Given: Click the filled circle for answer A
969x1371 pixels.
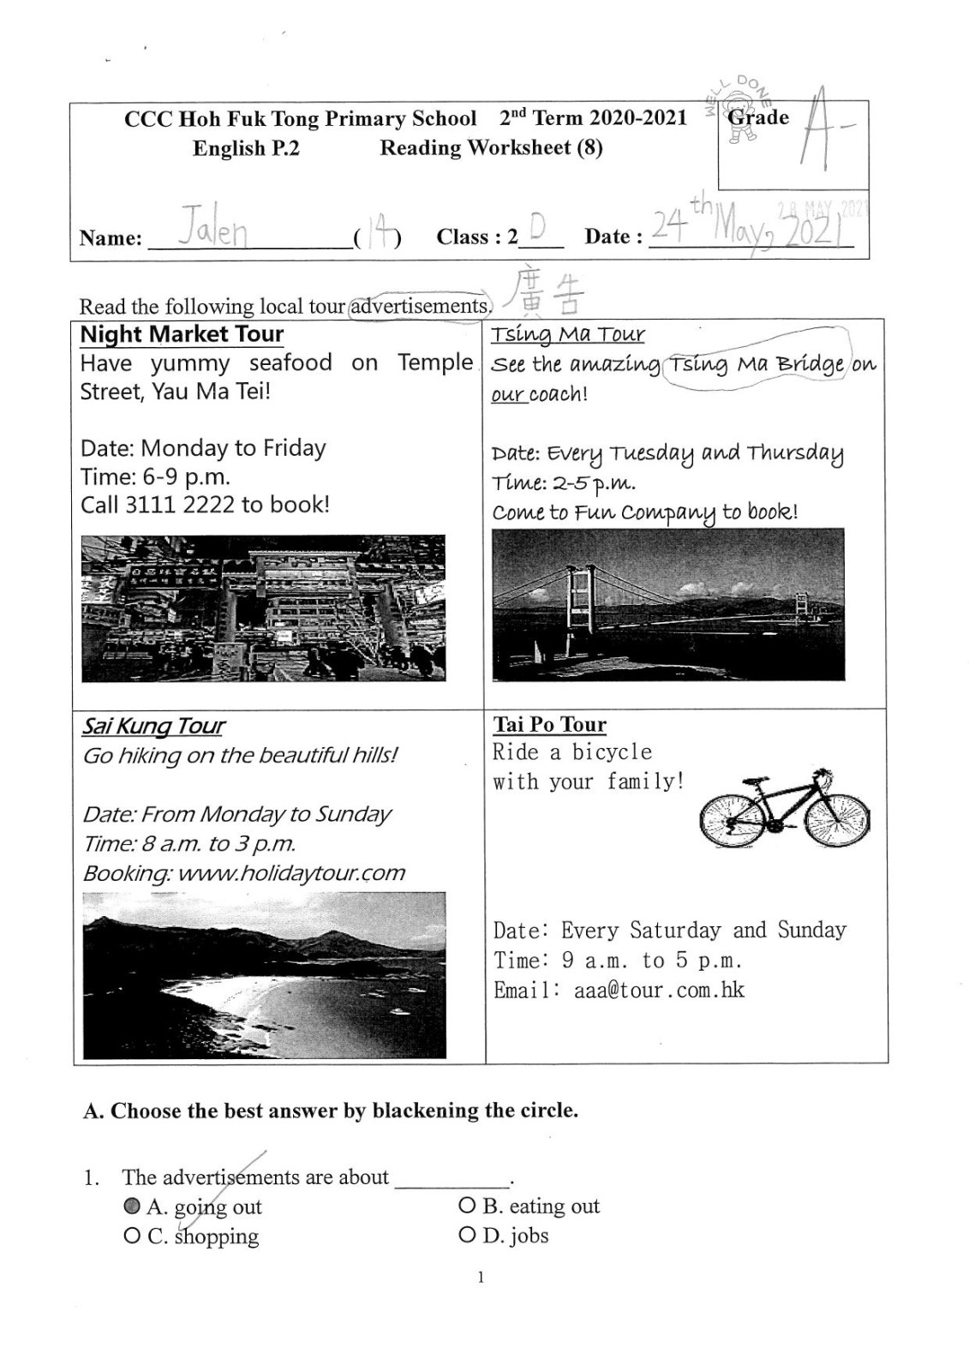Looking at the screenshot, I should (132, 1206).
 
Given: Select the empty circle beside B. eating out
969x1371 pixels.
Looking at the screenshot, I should (467, 1206).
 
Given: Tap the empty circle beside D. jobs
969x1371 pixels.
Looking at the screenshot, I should (467, 1235).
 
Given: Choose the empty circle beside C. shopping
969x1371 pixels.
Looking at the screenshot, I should (132, 1236).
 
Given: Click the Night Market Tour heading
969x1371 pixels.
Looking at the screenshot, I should (182, 334).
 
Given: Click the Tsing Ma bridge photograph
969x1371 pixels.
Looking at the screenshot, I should (667, 604).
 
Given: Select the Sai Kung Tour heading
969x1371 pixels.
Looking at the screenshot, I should (153, 727).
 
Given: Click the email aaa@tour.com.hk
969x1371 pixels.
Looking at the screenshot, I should (659, 991).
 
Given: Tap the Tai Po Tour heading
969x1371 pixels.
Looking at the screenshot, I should (549, 725).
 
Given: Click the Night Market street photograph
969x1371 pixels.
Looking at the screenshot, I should (263, 608).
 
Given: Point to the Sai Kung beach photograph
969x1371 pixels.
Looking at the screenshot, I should (264, 974).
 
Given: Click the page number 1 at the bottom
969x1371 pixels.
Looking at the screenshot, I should (481, 1277).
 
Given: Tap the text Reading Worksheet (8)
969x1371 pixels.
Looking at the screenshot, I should (491, 148).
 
